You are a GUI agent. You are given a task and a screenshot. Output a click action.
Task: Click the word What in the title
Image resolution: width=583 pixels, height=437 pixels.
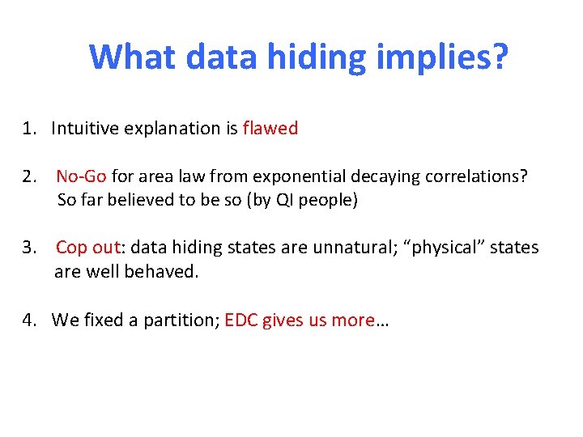click(x=133, y=57)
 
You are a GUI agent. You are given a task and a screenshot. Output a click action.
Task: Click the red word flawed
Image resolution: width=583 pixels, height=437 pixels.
click(x=270, y=128)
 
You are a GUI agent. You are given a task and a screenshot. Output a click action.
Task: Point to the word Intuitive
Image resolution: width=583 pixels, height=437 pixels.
click(x=85, y=128)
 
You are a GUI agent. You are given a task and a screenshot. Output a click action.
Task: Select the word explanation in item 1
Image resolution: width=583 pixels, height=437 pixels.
click(x=172, y=129)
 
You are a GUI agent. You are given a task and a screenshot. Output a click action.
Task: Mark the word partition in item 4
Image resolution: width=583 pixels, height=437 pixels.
click(x=184, y=320)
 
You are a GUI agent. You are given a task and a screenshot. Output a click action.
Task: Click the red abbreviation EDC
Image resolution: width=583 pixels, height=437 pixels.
click(x=240, y=320)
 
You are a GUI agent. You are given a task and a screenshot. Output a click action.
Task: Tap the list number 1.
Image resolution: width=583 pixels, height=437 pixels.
click(x=29, y=128)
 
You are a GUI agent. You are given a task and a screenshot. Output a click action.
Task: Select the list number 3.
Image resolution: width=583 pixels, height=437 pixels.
click(x=29, y=248)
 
